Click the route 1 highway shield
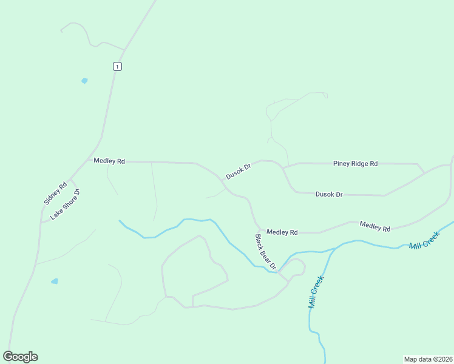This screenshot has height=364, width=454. point(117,66)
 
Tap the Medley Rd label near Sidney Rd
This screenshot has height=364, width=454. point(109,161)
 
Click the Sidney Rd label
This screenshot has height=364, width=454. point(55,193)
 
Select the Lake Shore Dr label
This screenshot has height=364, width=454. point(66,204)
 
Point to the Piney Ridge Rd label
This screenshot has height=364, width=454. point(355,164)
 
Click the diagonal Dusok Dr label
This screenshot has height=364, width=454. point(239,171)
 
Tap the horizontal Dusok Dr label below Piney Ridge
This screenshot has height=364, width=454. point(329,194)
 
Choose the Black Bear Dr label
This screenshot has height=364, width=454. point(265,252)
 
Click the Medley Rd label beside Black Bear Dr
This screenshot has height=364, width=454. point(282,232)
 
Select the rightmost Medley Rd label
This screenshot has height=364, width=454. point(374,226)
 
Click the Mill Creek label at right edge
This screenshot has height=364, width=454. point(424,241)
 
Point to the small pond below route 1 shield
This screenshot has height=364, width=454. point(84,80)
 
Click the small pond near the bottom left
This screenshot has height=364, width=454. point(55,281)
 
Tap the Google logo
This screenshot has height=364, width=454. point(20,357)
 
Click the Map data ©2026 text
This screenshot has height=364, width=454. point(427,359)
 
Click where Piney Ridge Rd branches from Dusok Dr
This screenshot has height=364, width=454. point(283,167)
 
